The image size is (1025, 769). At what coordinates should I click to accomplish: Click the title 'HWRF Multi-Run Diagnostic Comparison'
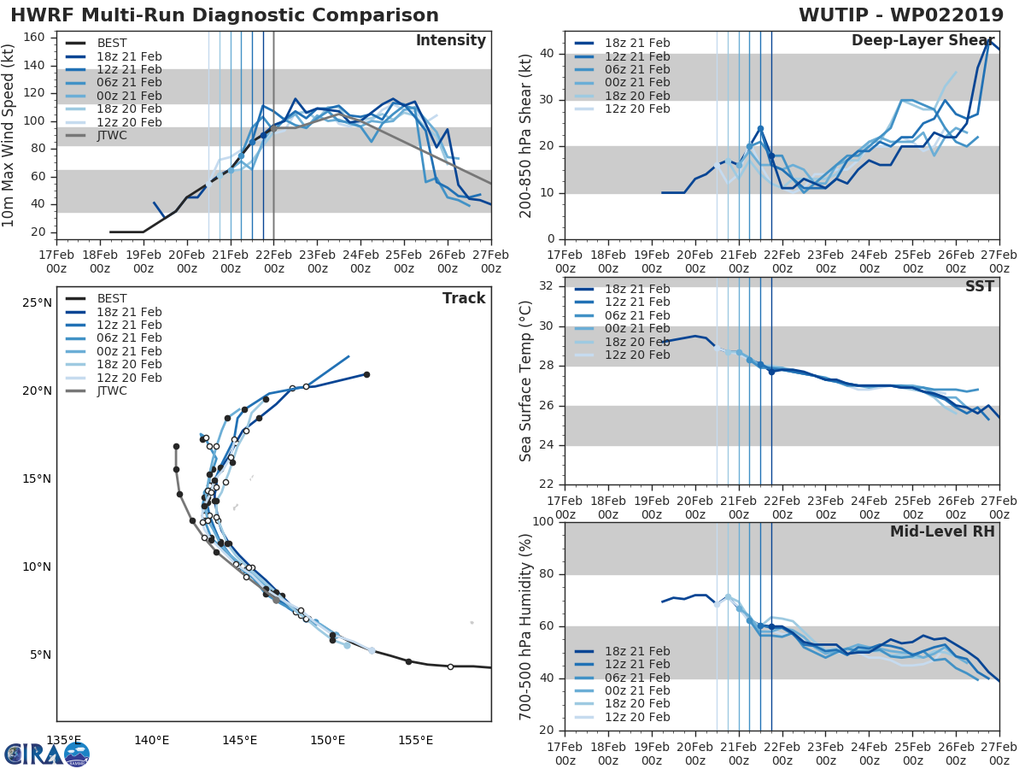(225, 15)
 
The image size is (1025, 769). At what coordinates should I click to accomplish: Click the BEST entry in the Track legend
(112, 298)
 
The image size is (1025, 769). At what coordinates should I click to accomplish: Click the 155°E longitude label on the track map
(415, 740)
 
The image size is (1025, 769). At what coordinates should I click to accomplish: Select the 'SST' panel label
(980, 286)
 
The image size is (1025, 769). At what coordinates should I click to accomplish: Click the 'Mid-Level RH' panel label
(942, 531)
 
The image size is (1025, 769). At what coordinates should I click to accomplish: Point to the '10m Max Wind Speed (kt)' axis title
(9, 136)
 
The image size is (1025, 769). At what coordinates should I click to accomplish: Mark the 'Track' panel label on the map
(464, 298)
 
